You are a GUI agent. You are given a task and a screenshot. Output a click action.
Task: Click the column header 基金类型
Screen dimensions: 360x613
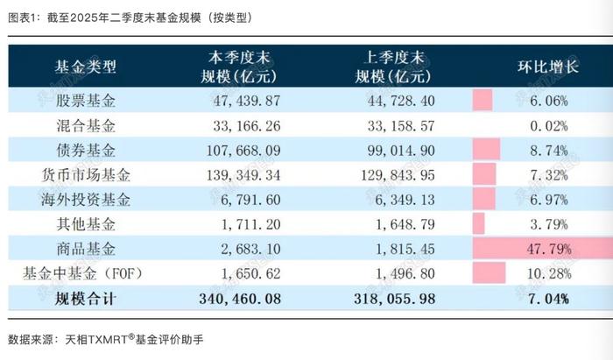85,67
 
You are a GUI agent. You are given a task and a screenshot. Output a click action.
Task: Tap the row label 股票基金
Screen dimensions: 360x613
85,101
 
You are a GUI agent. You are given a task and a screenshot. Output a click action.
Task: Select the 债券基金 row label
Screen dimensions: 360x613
85,149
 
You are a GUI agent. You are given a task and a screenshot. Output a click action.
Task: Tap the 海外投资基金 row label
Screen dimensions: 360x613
85,198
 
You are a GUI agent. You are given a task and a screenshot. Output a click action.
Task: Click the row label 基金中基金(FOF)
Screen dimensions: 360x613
85,274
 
